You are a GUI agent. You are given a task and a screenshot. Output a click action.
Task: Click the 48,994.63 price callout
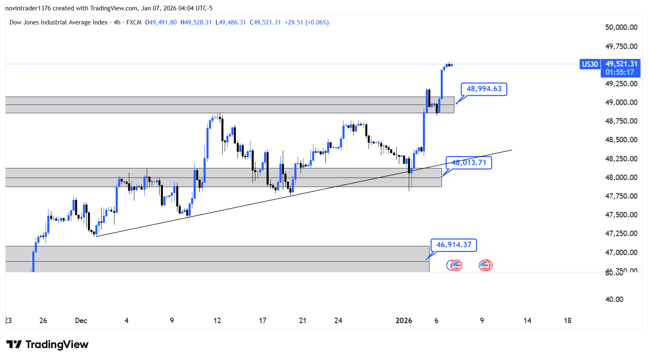click(484, 89)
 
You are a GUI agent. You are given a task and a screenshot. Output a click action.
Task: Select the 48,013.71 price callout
click(468, 163)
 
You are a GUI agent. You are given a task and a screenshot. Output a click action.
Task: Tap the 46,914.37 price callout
click(454, 245)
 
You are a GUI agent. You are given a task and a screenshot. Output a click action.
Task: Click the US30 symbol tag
click(590, 64)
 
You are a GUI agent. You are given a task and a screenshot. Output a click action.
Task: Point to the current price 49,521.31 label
click(621, 64)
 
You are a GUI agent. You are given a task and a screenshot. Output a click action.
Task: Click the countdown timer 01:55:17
click(619, 72)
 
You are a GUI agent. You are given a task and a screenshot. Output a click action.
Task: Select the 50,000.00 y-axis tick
click(621, 27)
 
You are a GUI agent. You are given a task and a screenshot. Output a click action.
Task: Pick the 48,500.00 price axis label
click(621, 140)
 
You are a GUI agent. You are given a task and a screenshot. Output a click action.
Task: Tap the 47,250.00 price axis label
click(621, 234)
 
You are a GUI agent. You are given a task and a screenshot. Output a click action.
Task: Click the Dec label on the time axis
click(81, 321)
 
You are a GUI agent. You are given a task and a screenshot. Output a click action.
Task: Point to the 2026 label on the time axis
click(404, 321)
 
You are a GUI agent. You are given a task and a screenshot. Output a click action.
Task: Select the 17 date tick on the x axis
click(262, 321)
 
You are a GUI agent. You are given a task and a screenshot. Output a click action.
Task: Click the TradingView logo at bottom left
click(47, 345)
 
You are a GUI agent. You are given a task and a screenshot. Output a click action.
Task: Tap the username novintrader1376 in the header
click(28, 8)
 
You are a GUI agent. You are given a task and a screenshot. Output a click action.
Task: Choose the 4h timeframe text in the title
click(117, 22)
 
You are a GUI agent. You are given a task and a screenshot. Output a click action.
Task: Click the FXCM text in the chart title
click(134, 22)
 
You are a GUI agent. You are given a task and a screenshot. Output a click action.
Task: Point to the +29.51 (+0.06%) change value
click(306, 22)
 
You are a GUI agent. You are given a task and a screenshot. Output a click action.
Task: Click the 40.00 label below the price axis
click(614, 299)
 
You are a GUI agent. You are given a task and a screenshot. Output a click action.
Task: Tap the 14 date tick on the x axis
click(527, 321)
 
